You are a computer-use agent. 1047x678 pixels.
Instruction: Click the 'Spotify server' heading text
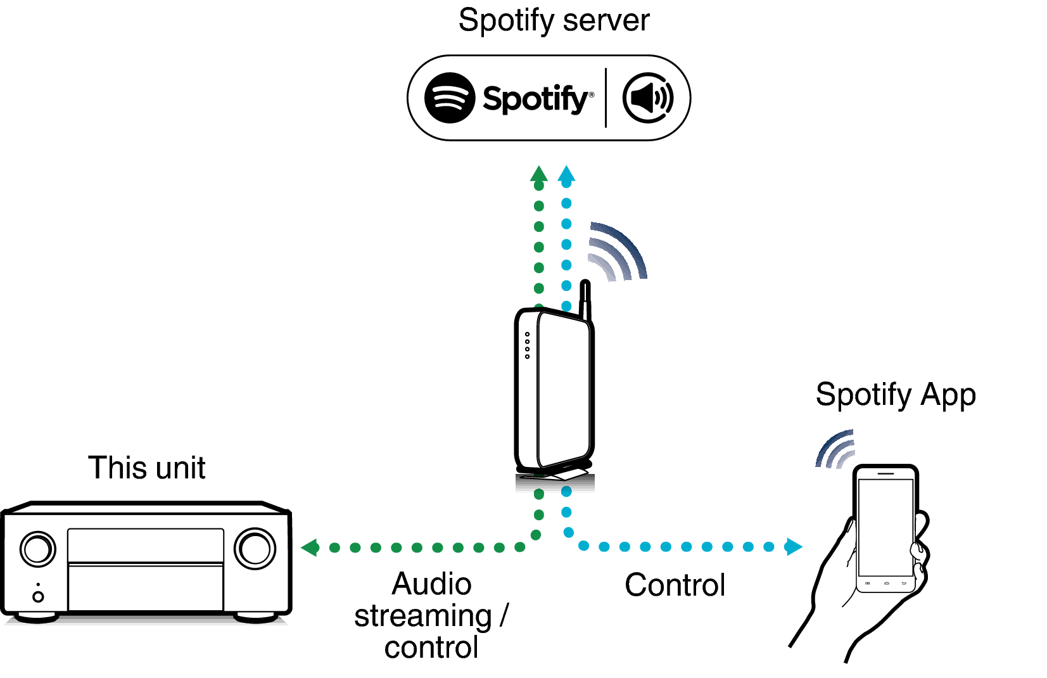554,20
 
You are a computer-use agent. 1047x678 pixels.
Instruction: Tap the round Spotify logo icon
449,98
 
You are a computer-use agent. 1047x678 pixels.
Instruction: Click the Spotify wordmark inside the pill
535,99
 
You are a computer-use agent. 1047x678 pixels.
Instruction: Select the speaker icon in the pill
647,98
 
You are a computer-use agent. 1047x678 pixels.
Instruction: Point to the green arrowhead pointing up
538,174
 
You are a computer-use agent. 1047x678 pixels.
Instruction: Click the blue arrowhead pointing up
566,174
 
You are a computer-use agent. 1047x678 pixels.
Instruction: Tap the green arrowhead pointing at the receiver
310,547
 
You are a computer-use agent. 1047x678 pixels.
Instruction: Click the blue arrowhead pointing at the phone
794,546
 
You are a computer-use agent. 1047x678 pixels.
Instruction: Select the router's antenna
585,301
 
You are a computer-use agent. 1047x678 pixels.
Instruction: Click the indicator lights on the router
527,345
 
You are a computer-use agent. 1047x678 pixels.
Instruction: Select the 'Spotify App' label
895,395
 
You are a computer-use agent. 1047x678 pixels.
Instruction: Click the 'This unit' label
146,468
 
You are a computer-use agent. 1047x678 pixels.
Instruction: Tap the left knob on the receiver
37,549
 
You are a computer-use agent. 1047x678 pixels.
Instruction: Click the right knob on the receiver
255,549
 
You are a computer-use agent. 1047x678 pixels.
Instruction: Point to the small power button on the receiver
38,596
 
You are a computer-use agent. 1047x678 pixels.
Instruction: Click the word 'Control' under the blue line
675,585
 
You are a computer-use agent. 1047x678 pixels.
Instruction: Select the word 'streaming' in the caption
422,616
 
